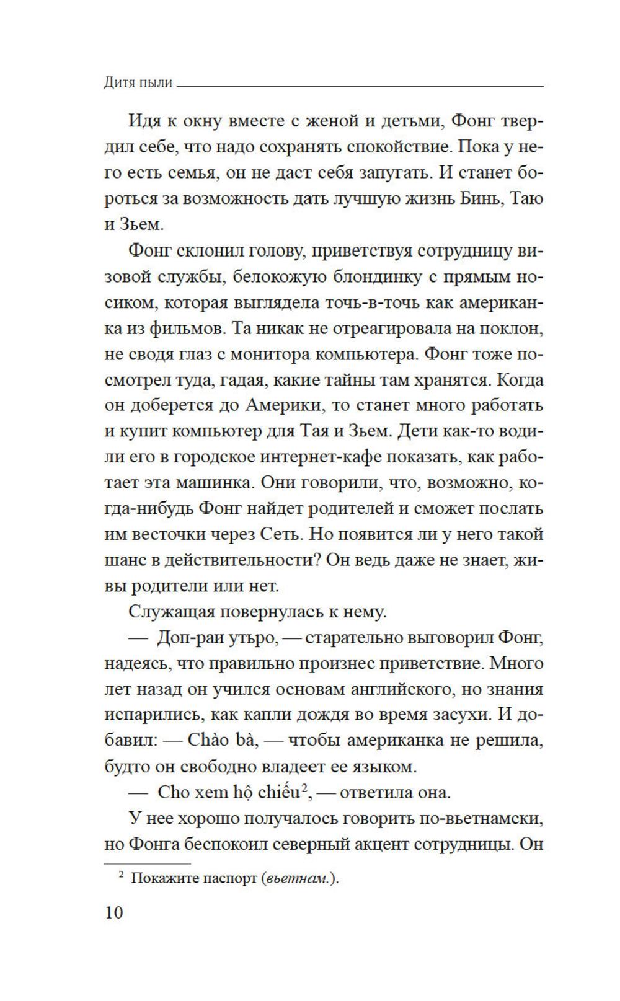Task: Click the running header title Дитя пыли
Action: click(x=138, y=82)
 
